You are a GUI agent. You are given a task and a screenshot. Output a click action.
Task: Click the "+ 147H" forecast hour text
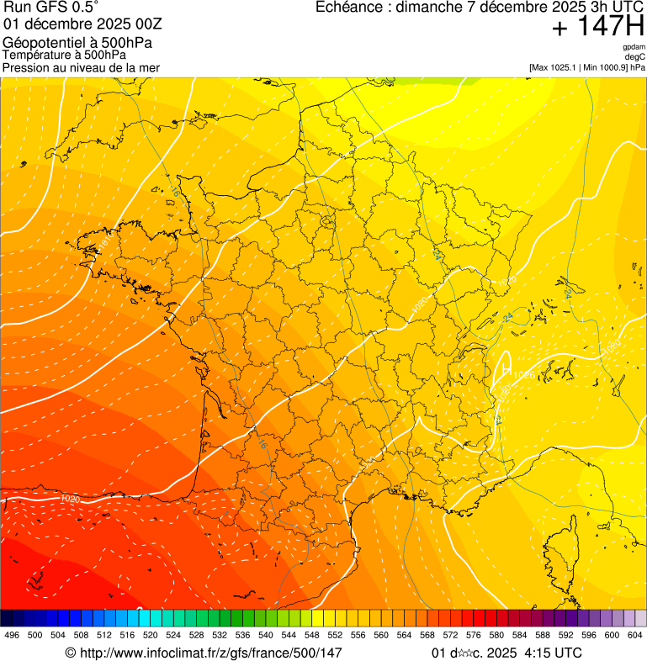coord(597,27)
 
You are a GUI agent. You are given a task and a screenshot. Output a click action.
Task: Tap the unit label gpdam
coord(634,47)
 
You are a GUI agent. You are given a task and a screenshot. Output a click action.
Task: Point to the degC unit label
coord(635,56)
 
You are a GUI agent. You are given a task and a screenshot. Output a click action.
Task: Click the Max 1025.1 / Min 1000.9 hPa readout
coord(587,66)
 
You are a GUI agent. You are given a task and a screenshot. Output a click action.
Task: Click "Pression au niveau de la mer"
coord(82,67)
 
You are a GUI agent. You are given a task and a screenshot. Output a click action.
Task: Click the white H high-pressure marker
coord(506,368)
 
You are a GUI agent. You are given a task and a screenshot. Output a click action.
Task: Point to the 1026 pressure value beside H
coord(523,374)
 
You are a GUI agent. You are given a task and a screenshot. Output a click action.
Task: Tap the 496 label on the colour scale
coord(12,635)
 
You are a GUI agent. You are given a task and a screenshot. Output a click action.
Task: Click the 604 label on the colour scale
coord(635,635)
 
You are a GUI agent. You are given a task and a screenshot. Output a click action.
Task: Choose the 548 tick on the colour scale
coord(312,635)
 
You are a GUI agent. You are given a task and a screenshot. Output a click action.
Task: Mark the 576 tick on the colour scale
coord(474,635)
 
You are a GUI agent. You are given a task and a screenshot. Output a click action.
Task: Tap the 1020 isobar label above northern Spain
coord(71,500)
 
